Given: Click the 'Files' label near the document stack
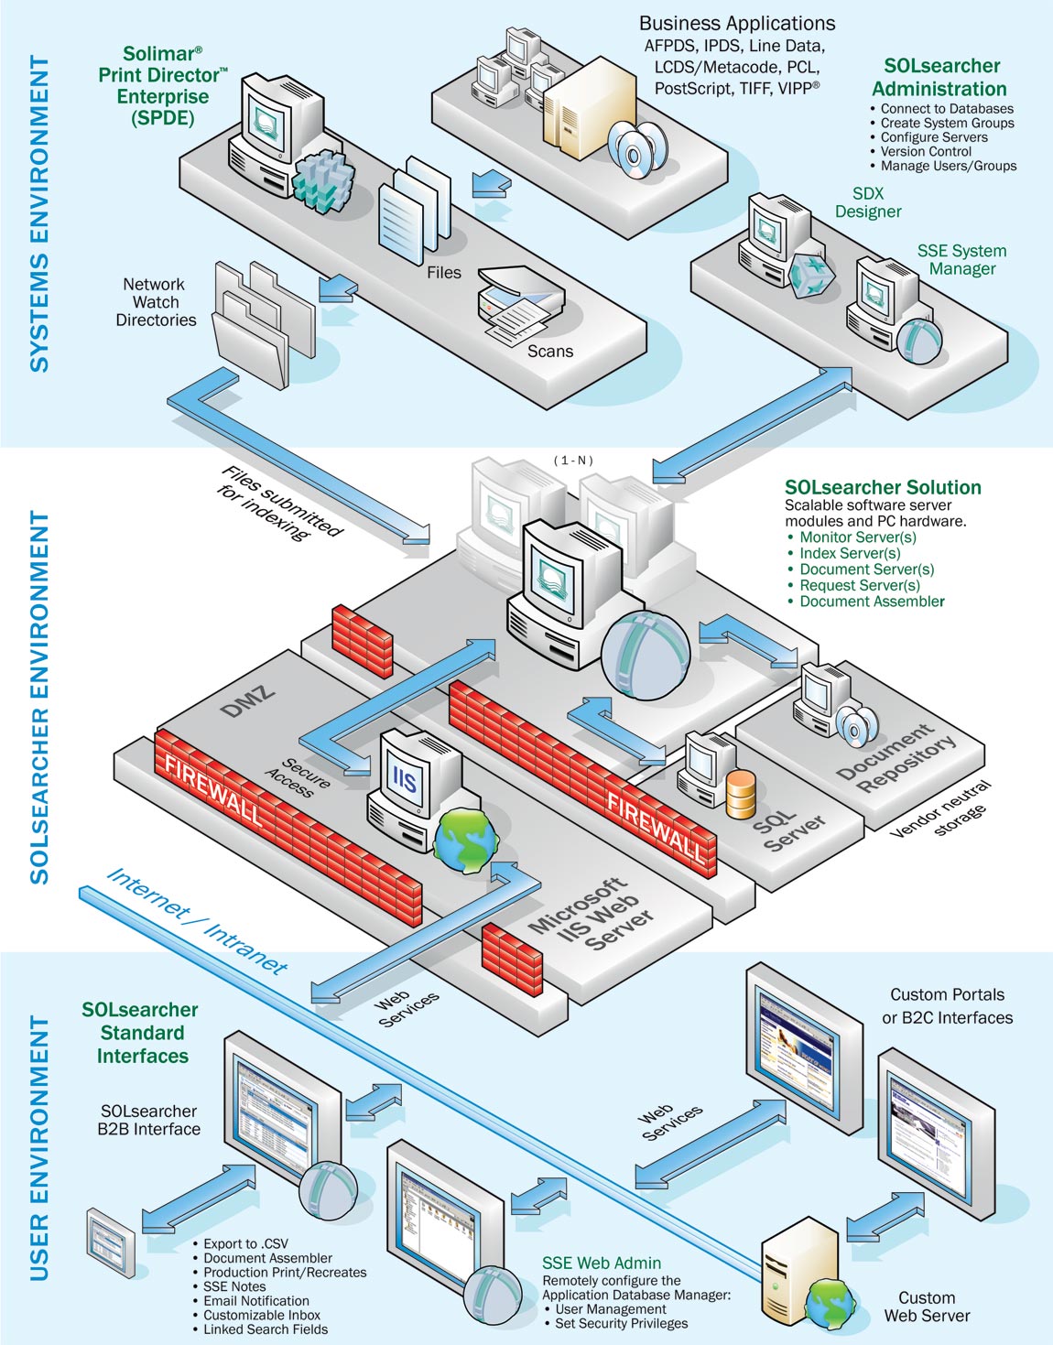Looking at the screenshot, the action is pos(444,272).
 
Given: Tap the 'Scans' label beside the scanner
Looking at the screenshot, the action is pos(550,351).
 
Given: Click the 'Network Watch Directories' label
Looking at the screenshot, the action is pos(156,302).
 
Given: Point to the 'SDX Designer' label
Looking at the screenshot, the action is pos(868,202).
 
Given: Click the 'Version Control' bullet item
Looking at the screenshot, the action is pos(926,152).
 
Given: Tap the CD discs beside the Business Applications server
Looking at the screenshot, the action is pos(635,148).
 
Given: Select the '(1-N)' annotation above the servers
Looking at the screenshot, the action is pos(573,460).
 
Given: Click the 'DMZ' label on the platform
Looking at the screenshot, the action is pos(248,700).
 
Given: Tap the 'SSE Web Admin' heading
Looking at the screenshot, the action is pos(601,1263).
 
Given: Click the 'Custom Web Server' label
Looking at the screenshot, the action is pos(927,1306).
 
